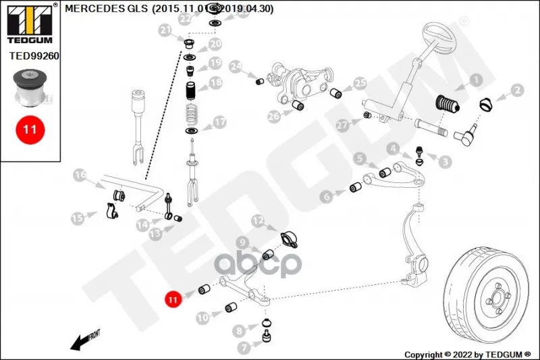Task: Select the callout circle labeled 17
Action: click(220, 123)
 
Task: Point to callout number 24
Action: click(235, 68)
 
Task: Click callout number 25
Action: click(360, 84)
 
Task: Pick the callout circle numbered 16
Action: click(81, 176)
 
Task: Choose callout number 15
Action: click(78, 217)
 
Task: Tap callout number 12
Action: click(258, 221)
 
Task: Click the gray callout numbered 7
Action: click(243, 347)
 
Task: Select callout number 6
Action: click(327, 197)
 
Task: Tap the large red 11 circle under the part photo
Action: click(30, 129)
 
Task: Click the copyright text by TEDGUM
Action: click(466, 354)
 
